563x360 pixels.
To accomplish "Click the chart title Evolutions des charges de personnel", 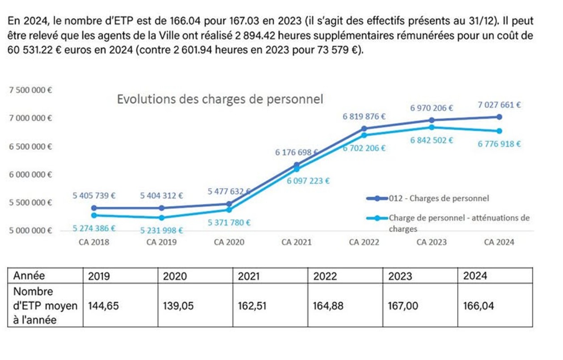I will pos(220,99).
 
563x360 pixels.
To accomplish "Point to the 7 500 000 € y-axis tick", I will pos(31,90).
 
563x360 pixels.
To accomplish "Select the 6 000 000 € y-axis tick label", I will pos(31,174).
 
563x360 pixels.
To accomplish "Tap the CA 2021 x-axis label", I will pos(296,242).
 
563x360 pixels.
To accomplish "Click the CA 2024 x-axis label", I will pos(499,242).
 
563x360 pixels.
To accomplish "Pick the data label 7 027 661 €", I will pos(499,106).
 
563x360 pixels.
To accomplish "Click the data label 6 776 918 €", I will pos(499,144).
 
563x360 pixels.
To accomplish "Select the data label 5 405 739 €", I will pos(94,195).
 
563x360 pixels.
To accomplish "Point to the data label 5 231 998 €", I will pos(161,231).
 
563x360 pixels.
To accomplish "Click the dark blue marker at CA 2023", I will pos(432,120).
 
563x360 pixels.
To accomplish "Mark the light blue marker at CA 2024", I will pos(500,131).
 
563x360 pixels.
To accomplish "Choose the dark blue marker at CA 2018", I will pos(94,208).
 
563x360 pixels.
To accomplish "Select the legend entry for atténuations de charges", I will pos(458,218).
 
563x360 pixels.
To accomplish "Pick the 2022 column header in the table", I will pos(325,276).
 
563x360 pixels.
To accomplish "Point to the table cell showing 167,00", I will pos(401,306).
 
